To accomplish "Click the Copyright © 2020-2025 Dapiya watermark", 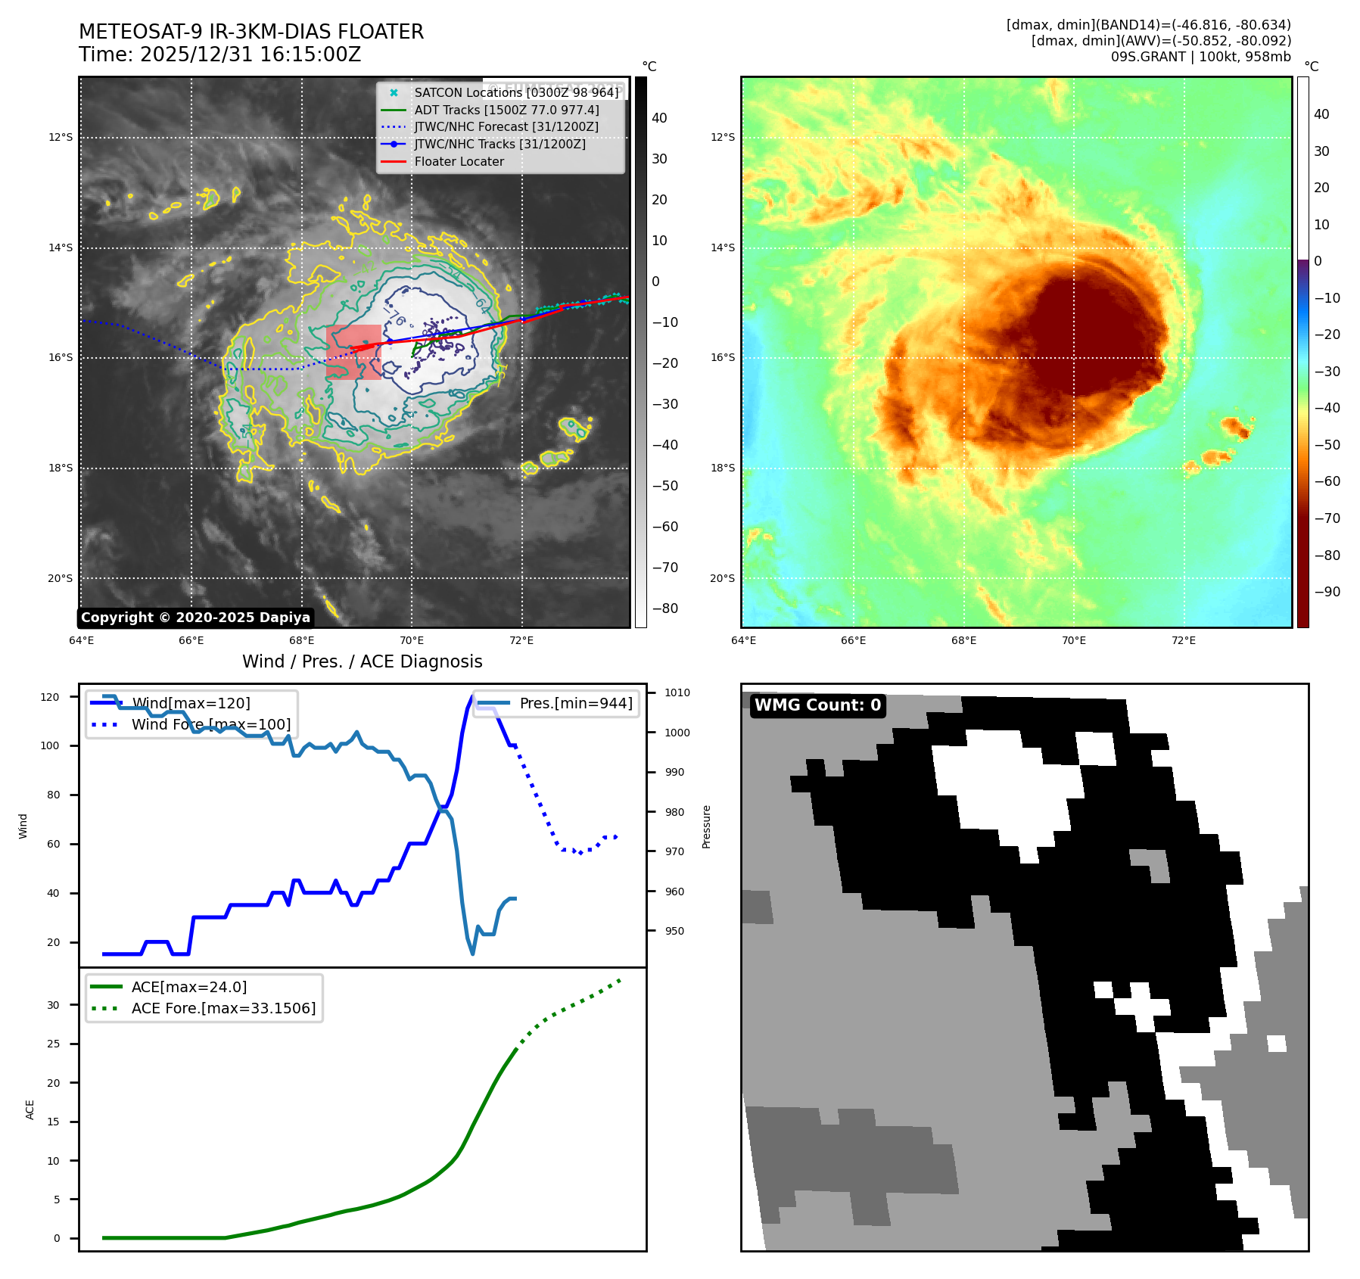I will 195,618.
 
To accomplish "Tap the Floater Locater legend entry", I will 459,161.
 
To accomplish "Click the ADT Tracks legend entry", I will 506,110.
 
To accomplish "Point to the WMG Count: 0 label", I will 817,705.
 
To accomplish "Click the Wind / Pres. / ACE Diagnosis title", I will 362,661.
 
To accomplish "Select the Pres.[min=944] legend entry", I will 575,703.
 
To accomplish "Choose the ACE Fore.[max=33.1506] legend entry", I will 223,1008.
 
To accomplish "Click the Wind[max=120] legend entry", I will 191,703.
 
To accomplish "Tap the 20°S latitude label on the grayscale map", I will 61,578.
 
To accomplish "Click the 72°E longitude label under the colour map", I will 1183,640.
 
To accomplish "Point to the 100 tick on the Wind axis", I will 50,745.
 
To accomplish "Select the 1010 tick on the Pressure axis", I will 677,692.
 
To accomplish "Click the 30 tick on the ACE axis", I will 53,1005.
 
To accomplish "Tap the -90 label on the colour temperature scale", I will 1327,592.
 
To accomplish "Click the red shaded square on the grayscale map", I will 353,352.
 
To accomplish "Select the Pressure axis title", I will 706,826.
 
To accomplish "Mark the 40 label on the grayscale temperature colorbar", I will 659,118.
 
